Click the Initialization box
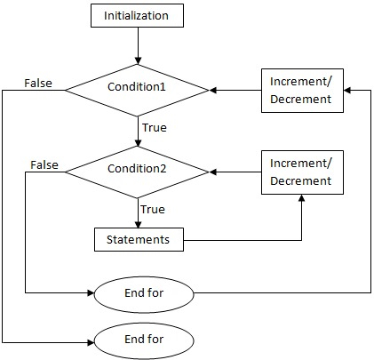(138, 15)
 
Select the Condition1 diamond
(138, 89)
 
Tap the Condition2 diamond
(138, 170)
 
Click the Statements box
(138, 239)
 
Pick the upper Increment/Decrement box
(301, 90)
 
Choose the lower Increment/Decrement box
(301, 172)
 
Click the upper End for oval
(143, 291)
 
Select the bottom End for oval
(143, 340)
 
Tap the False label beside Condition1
(36, 84)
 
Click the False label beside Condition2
(44, 164)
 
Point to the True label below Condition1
(154, 128)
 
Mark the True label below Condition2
(153, 209)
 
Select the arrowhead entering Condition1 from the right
(213, 90)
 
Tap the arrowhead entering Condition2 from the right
(213, 171)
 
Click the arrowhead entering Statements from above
(138, 224)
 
